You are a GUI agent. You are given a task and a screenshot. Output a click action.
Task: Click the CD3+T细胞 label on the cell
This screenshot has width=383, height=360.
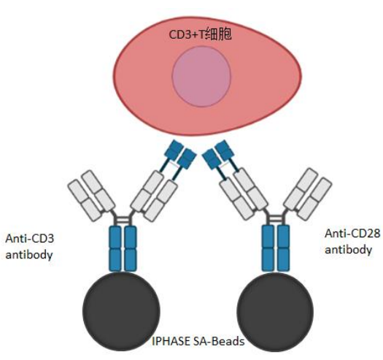tap(192, 34)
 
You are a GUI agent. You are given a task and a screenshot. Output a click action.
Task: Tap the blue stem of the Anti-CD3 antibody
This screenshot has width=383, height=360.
tap(123, 248)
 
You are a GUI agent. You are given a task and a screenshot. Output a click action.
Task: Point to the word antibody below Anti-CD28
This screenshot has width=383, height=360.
tap(347, 250)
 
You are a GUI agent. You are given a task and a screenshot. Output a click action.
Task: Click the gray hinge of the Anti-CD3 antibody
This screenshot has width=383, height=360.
tap(123, 218)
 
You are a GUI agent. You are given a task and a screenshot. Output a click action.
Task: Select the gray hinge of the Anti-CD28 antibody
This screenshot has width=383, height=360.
tap(275, 218)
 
